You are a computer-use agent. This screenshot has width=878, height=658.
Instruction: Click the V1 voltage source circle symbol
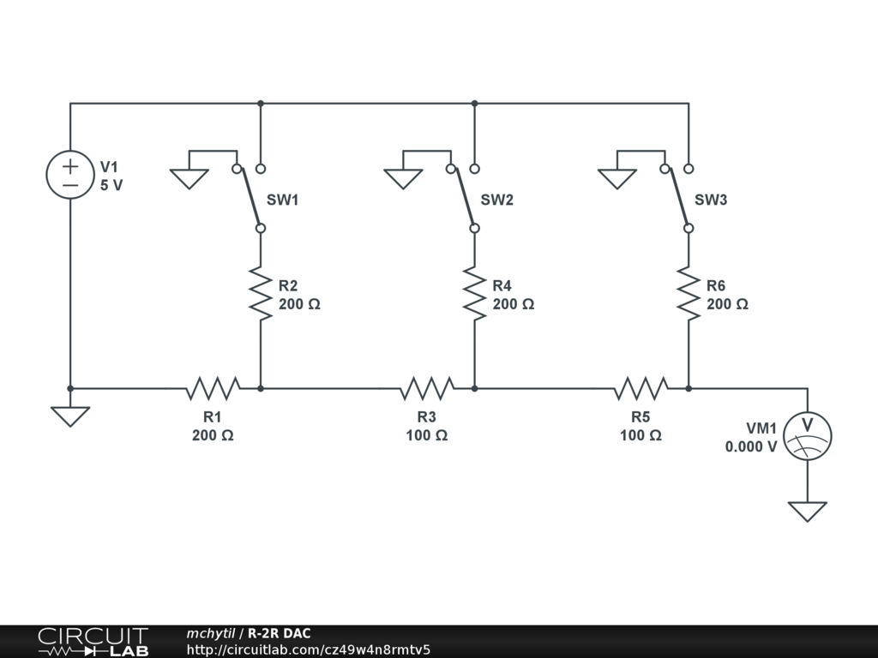point(69,175)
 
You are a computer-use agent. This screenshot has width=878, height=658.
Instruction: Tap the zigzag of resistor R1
point(213,388)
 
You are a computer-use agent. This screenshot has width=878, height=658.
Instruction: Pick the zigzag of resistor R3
point(427,388)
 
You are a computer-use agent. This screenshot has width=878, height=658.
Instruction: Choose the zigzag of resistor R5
point(640,388)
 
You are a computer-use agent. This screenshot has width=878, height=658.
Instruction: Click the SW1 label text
point(283,200)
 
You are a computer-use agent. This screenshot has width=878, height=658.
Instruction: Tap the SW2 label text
point(497,200)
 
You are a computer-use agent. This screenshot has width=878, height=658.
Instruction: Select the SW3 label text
point(711,200)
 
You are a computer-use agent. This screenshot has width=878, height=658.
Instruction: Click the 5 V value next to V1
point(111,185)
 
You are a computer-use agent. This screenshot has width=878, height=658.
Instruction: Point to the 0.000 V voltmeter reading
point(751,446)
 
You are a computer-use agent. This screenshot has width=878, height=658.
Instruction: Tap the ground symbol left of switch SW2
point(403,178)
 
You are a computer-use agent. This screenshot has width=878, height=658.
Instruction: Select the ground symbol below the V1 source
point(69,416)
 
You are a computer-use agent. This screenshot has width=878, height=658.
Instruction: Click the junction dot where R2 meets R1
point(260,388)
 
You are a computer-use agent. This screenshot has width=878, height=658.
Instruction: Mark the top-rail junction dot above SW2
point(474,104)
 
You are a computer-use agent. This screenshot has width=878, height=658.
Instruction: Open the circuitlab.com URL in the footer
point(308,649)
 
